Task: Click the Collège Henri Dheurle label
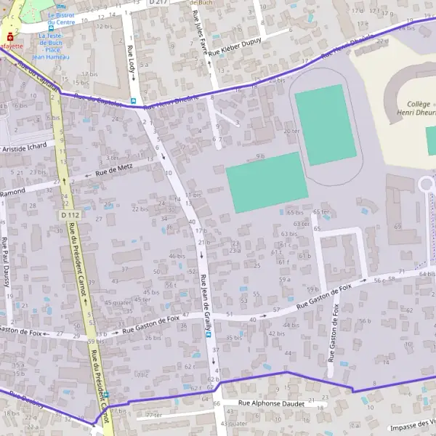pyautogui.click(x=407, y=108)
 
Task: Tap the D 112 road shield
pyautogui.click(x=70, y=215)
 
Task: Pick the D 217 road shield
pyautogui.click(x=158, y=3)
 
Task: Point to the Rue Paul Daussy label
pyautogui.click(x=6, y=262)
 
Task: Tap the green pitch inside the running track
pyautogui.click(x=325, y=124)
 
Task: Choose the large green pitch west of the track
pyautogui.click(x=266, y=182)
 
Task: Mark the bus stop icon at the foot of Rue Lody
pyautogui.click(x=133, y=101)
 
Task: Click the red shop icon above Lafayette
pyautogui.click(x=9, y=36)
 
